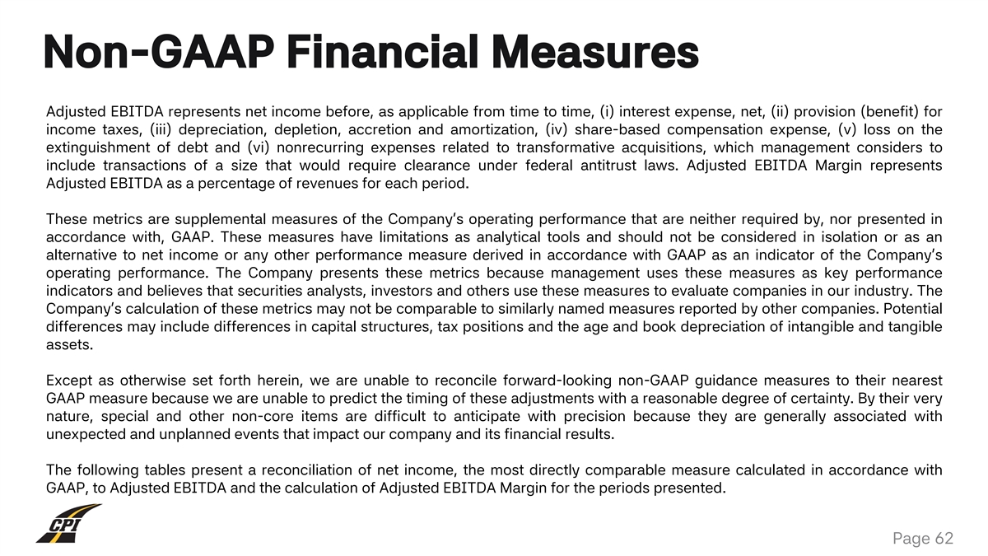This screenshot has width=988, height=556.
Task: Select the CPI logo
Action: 68,524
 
